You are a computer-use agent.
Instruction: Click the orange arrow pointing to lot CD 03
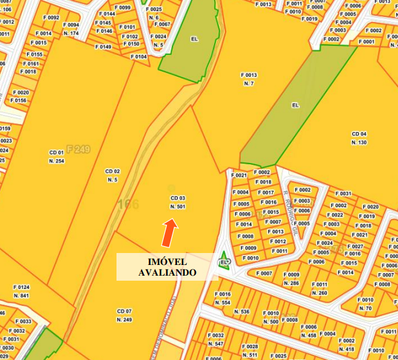(169, 233)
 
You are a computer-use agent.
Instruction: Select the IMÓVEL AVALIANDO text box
(167, 267)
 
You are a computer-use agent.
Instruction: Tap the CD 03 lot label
(178, 198)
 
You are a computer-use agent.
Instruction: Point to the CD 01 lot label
(57, 152)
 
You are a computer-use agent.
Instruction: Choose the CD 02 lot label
(112, 171)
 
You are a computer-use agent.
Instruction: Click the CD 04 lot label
(359, 134)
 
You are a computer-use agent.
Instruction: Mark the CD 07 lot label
(124, 312)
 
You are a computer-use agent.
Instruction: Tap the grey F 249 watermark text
(78, 149)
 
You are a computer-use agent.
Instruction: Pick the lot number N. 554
(223, 303)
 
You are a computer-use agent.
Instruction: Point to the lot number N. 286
(291, 283)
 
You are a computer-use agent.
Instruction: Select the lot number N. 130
(359, 142)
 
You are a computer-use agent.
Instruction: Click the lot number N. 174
(71, 33)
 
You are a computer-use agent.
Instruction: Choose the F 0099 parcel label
(124, 8)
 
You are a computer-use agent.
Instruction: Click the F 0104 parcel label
(139, 57)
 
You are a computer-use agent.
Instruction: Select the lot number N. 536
(242, 312)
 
